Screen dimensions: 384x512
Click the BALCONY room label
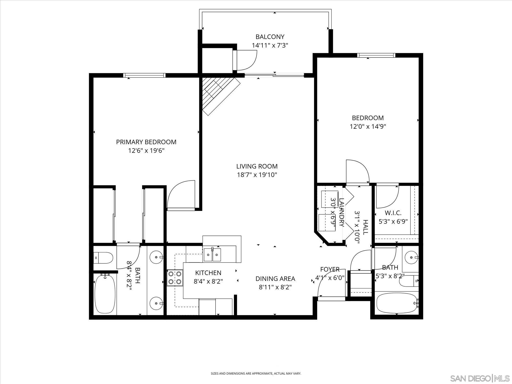(270, 37)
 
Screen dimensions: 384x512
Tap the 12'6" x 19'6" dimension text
(146, 151)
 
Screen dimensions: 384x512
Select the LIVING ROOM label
(257, 166)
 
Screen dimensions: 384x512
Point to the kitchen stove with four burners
(175, 278)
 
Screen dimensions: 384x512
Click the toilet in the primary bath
(104, 258)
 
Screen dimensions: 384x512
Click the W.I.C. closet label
(393, 213)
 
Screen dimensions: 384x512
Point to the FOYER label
(330, 269)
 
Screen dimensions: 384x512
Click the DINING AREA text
(275, 279)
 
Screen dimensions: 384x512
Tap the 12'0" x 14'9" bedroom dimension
(368, 126)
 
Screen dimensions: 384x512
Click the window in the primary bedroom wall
(144, 75)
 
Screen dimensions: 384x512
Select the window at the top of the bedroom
(376, 55)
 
